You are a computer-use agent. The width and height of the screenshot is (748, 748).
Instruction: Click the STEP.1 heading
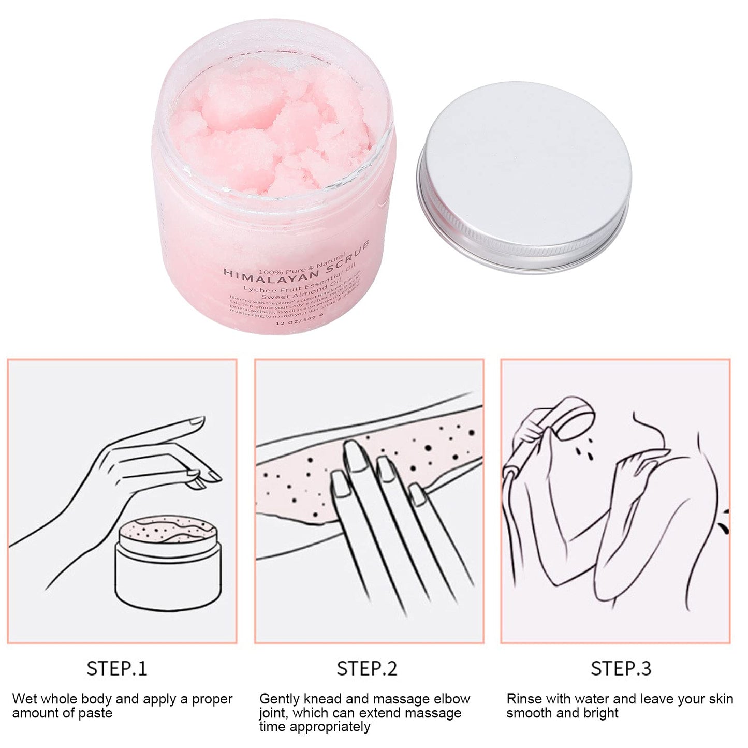tap(117, 668)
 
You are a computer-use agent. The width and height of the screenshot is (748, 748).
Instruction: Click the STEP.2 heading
tap(366, 668)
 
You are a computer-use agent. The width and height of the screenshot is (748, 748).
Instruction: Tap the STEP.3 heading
tap(621, 668)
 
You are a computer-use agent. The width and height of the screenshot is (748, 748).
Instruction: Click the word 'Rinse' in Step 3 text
tap(524, 699)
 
